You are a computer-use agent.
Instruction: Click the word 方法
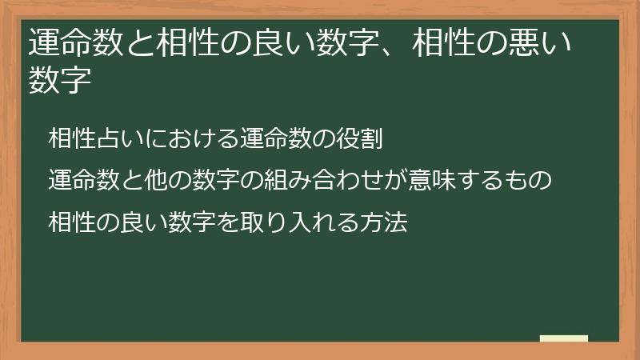[388, 222]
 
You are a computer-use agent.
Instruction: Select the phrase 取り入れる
[303, 222]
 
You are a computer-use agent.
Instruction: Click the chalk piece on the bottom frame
[564, 339]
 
